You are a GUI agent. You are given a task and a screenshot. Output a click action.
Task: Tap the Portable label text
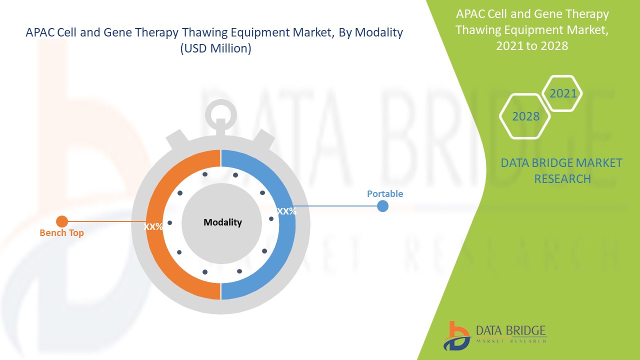pyautogui.click(x=385, y=193)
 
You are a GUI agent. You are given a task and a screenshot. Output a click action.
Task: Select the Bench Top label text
pyautogui.click(x=61, y=233)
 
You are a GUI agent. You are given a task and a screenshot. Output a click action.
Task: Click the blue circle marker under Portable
pyautogui.click(x=382, y=205)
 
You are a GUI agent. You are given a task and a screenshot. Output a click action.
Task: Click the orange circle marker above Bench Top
pyautogui.click(x=62, y=221)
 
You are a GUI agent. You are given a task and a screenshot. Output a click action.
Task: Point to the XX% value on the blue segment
pyautogui.click(x=286, y=211)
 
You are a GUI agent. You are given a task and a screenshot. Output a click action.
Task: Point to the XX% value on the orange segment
pyautogui.click(x=153, y=226)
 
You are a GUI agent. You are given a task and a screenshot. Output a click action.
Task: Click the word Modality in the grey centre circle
pyautogui.click(x=222, y=222)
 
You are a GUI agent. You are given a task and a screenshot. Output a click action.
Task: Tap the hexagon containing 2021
pyautogui.click(x=563, y=93)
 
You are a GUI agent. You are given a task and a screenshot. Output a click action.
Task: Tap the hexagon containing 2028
pyautogui.click(x=525, y=116)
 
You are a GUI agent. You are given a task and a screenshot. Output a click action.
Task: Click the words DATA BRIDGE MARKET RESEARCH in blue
pyautogui.click(x=561, y=170)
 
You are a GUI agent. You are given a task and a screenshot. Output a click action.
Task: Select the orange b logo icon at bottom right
pyautogui.click(x=455, y=335)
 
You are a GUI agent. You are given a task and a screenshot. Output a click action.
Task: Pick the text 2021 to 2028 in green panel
pyautogui.click(x=532, y=45)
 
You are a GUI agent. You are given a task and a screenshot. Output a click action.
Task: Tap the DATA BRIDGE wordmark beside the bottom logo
pyautogui.click(x=511, y=330)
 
